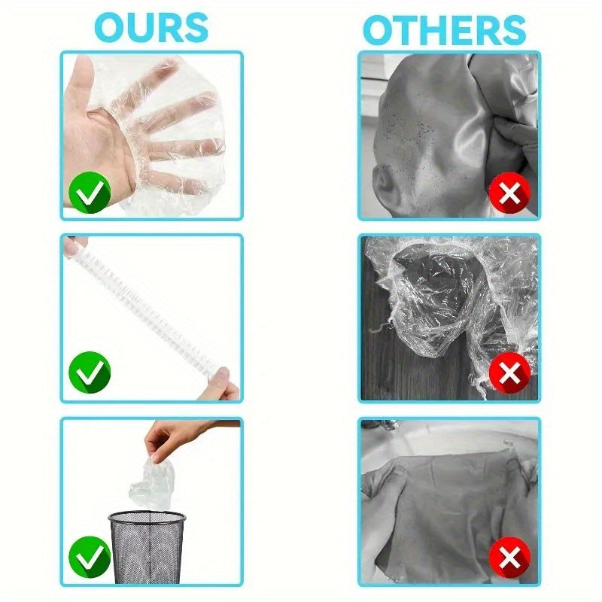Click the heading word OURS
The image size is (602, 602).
[151, 28]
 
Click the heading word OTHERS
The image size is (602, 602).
[444, 31]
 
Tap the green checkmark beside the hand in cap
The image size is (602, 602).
[90, 193]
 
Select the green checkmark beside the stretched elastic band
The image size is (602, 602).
[90, 372]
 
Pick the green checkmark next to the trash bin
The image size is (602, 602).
[90, 557]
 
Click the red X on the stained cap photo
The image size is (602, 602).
[509, 193]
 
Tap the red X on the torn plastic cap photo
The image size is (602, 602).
[509, 372]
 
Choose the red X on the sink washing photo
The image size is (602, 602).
[509, 557]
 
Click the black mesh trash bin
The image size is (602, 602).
[147, 547]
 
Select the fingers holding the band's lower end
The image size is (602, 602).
[223, 385]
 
